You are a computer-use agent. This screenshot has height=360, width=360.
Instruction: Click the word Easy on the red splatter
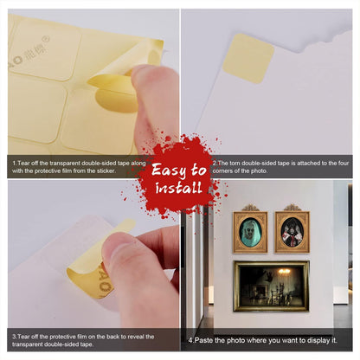tap(168, 170)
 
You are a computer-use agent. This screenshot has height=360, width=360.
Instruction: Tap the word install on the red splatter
tap(178, 188)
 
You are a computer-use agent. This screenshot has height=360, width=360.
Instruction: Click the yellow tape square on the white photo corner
tap(248, 59)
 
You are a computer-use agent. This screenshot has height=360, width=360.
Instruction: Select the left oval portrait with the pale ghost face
tap(250, 232)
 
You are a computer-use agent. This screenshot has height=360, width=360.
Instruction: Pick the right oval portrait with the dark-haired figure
tap(292, 232)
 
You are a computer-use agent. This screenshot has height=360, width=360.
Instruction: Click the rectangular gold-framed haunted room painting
tap(272, 286)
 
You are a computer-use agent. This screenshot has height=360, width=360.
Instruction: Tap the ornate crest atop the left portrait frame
tap(250, 208)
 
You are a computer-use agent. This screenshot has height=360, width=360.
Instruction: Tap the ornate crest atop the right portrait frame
tap(292, 208)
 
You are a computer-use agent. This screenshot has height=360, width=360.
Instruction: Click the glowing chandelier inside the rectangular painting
tap(284, 272)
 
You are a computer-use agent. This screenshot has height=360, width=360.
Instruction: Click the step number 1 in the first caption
tap(14, 164)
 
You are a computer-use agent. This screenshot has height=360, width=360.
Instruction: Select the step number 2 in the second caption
tap(215, 164)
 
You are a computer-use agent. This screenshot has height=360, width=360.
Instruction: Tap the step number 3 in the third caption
tap(14, 337)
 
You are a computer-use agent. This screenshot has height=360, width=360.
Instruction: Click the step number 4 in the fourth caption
tap(190, 340)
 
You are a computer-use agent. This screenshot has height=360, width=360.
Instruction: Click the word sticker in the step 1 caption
tap(106, 170)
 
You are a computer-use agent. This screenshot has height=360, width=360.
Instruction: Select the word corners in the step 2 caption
tap(222, 170)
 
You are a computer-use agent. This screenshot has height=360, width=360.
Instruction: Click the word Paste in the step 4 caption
tap(204, 340)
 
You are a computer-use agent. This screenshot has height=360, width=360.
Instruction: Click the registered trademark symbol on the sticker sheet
tap(46, 38)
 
